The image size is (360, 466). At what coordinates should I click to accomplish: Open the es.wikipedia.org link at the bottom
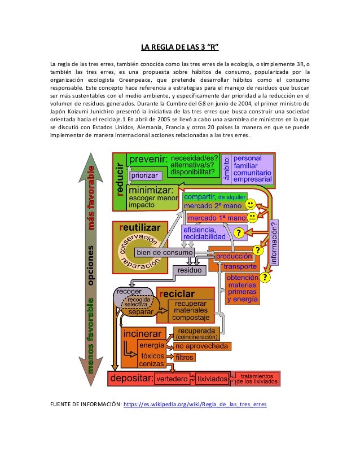pos(195,405)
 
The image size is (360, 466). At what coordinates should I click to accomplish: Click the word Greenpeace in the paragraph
pos(144,80)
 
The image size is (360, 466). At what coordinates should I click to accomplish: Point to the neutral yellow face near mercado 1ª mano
pos(253,217)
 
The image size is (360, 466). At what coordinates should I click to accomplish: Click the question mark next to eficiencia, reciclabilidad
pos(239,233)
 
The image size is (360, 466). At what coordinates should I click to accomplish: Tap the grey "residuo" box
pos(190,270)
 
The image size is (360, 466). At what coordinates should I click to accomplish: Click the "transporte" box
pos(240,266)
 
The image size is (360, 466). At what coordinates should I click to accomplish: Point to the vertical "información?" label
pos(275,242)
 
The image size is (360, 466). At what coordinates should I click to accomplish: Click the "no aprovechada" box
pos(201,346)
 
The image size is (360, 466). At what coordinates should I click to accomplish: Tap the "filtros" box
pos(185,357)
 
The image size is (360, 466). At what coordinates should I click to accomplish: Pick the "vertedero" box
pos(172,379)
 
